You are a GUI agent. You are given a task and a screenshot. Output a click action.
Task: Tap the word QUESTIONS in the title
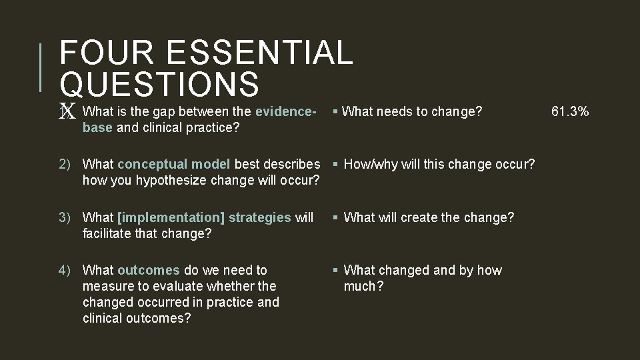(x=159, y=85)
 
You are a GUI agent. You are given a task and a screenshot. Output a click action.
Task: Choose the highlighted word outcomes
(x=148, y=270)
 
